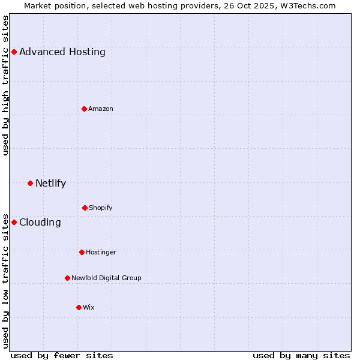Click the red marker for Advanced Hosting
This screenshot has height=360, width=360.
(14, 52)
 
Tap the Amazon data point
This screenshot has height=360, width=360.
(84, 109)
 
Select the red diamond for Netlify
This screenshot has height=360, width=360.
(30, 183)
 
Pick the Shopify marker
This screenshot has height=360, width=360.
(85, 208)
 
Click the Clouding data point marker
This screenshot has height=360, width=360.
(14, 222)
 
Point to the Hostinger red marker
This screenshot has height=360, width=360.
(82, 252)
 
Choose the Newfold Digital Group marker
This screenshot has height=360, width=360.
(67, 278)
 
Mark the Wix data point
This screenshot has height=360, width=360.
(79, 307)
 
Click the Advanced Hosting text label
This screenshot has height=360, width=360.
(62, 52)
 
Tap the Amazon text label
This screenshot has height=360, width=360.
(101, 109)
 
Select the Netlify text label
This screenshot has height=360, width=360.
(50, 183)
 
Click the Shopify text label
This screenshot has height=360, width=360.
(101, 208)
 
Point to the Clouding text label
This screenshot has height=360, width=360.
(40, 222)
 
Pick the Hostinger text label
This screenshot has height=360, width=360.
(101, 252)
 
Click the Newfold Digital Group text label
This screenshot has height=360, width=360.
(106, 278)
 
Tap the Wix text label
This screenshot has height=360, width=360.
(89, 307)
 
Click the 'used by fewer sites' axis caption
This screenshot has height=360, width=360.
(62, 356)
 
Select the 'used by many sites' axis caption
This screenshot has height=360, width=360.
(301, 356)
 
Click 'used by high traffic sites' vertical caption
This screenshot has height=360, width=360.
(5, 85)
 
